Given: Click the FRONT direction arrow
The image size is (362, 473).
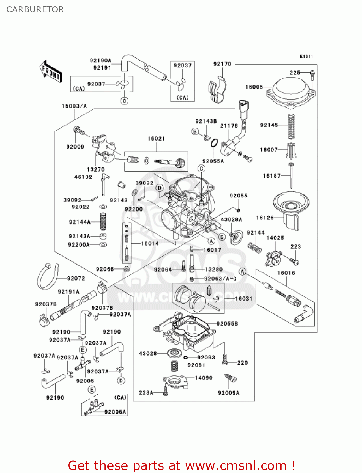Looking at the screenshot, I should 50,72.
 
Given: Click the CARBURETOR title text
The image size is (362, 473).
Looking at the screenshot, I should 35,9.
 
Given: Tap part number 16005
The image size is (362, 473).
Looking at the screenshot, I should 254,87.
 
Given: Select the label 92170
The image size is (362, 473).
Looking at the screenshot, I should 222,64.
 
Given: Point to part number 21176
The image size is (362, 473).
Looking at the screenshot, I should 229,126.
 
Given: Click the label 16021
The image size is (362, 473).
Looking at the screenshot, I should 156,138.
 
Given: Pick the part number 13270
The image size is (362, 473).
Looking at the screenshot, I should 96,169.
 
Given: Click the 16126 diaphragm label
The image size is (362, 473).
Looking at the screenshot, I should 265,218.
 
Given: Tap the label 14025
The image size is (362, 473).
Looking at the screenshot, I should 275,238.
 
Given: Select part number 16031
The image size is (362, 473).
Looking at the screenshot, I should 244,298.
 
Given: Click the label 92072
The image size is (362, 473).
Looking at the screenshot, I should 76,278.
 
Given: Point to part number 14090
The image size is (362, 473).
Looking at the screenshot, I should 204,378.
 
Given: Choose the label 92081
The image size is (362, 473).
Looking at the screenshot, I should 196,365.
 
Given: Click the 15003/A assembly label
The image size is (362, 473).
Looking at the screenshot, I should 74,106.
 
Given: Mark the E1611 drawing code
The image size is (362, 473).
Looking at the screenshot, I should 306,56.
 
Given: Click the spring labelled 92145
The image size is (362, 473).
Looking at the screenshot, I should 291,126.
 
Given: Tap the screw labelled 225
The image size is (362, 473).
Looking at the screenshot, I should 312,73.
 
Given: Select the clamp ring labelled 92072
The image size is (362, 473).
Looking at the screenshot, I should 47,276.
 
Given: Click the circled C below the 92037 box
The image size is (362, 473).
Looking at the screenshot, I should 125,101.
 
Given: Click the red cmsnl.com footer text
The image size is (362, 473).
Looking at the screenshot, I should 181,465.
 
